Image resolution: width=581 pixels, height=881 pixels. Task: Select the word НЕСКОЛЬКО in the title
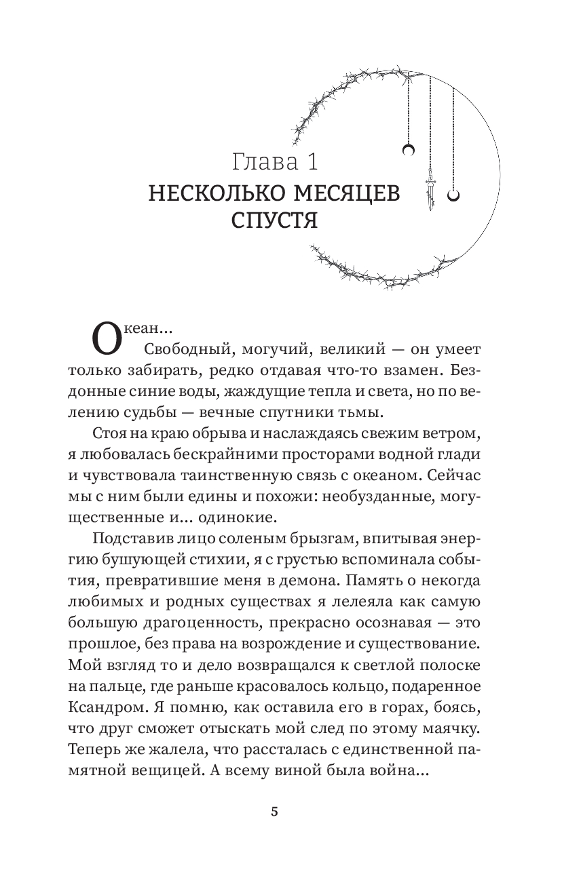pos(214,194)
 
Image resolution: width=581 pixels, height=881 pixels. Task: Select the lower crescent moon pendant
pos(455,195)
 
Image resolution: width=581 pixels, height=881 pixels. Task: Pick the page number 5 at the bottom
pos(274,813)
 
